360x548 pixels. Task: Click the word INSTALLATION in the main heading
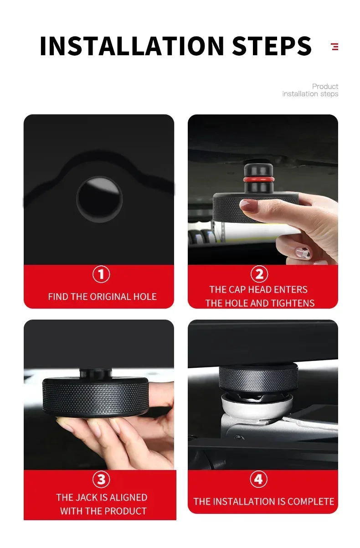[132, 46]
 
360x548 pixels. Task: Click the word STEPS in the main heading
[272, 46]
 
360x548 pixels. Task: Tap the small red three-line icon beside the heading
[335, 46]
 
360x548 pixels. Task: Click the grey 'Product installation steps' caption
[310, 90]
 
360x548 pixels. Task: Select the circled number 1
[101, 274]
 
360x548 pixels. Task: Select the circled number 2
[259, 274]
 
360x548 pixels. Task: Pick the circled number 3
[101, 480]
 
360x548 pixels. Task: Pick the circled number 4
[258, 480]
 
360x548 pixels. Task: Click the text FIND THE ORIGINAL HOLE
[102, 297]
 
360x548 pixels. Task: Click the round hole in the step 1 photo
[99, 199]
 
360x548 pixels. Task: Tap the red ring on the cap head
[258, 180]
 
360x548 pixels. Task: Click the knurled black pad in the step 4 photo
[258, 377]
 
